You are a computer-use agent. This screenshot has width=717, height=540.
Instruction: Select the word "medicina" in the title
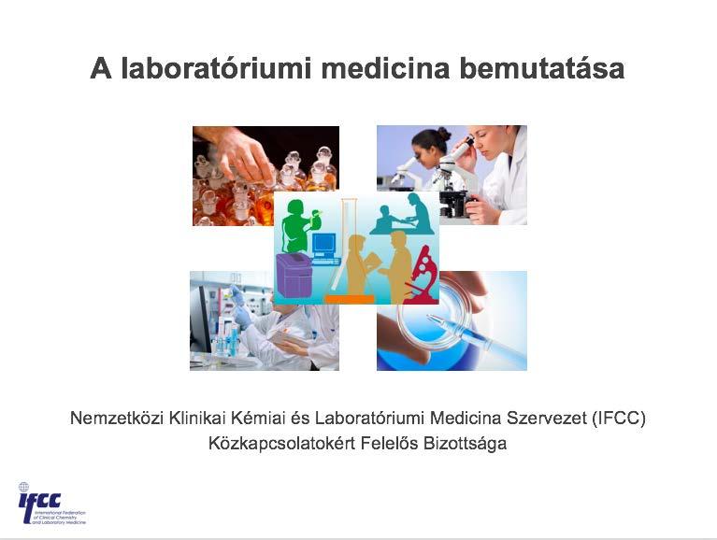coord(385,68)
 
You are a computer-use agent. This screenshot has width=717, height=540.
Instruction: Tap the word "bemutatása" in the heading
coord(542,68)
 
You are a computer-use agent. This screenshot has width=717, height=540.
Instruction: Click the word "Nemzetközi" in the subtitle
coord(117,418)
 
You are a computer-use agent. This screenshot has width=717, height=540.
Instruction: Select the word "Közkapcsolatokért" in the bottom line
coord(281,444)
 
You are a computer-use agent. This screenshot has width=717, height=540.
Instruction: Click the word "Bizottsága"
coord(465,444)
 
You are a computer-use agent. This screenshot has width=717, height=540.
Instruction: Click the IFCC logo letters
coord(40,502)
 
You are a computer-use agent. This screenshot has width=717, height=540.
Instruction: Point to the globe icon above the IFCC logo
coord(23,487)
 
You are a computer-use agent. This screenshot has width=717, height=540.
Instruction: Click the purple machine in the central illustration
coord(294,276)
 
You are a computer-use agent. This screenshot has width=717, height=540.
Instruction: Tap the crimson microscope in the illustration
coord(423,276)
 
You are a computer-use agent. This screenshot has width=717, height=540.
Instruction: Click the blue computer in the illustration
coord(325,249)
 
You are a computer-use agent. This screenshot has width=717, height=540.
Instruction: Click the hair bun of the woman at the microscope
coord(443,134)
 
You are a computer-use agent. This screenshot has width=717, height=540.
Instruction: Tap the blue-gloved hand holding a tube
coord(241,307)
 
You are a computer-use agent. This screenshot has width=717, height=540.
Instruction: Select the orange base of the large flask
coord(350,299)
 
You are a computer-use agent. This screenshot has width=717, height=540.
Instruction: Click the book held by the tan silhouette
coord(372,261)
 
